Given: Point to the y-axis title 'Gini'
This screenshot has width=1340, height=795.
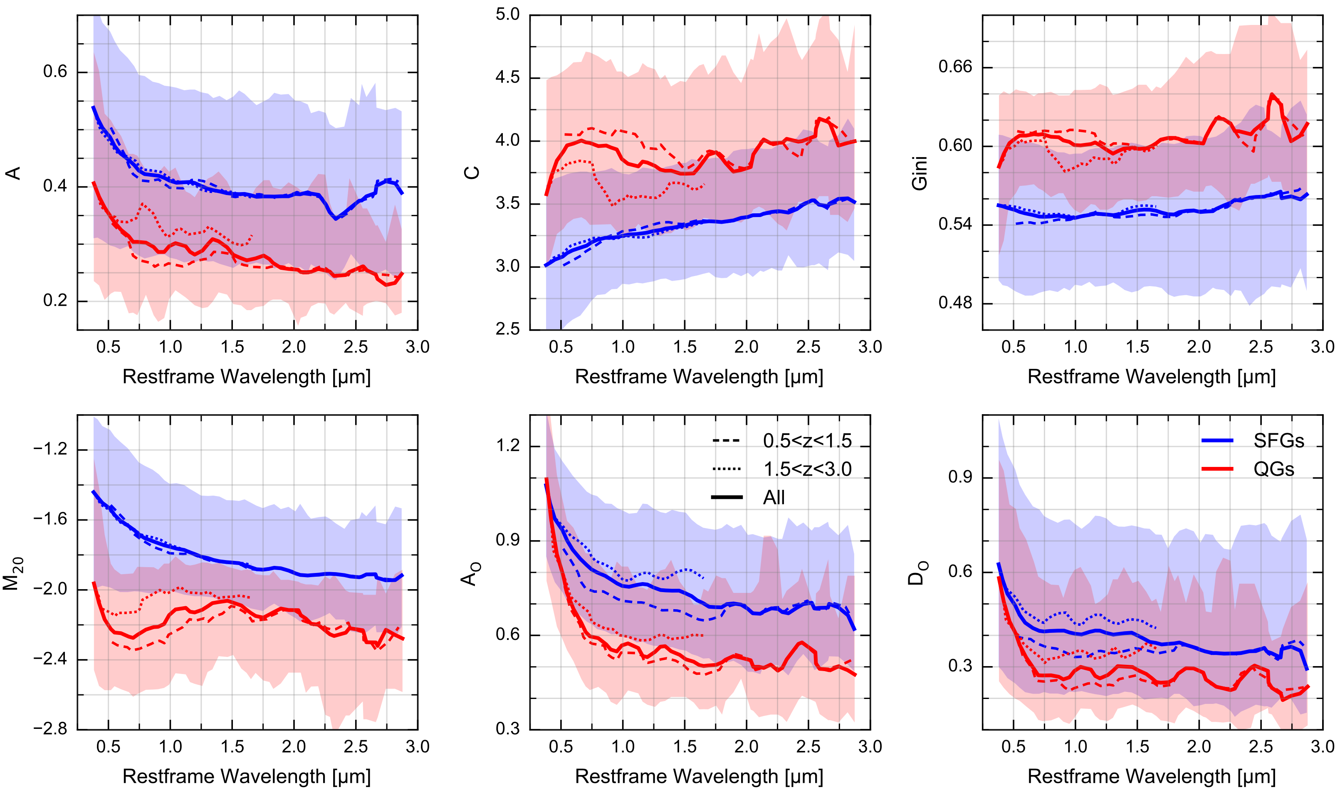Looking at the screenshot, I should (920, 173).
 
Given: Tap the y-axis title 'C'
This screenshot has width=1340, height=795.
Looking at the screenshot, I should (472, 173).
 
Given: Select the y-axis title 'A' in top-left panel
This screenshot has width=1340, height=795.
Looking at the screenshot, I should (13, 173).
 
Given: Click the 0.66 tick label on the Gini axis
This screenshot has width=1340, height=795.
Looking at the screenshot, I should (955, 67).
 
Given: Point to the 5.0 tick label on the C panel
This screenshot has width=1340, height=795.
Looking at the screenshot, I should (507, 15).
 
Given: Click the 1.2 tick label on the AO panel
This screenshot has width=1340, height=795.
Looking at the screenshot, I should (507, 446).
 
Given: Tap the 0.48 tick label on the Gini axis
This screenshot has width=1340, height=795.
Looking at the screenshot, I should (955, 303).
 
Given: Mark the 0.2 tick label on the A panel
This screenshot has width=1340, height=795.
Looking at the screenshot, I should (55, 301).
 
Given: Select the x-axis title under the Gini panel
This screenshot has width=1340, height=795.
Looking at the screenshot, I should (1152, 377).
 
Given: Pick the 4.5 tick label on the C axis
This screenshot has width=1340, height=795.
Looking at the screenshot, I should (507, 78).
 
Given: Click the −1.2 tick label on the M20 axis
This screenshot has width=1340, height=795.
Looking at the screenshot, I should (50, 449).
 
